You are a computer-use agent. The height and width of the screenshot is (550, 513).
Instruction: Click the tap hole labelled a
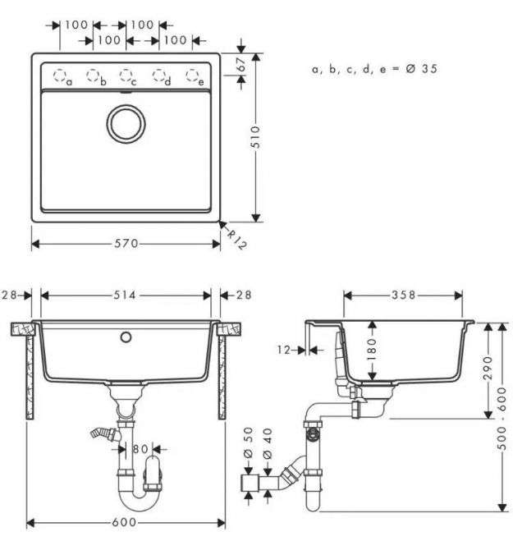60,75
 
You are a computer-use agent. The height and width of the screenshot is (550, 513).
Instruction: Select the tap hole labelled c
126,75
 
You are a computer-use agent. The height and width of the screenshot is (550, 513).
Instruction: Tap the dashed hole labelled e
192,75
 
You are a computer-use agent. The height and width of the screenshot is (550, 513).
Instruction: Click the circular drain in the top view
126,124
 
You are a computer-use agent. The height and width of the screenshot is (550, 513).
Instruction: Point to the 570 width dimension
126,244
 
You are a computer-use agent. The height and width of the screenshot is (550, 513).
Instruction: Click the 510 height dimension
256,137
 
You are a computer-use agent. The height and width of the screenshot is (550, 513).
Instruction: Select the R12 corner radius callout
236,239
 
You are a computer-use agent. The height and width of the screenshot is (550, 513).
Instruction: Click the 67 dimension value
241,65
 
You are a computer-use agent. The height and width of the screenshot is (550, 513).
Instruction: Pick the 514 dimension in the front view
125,296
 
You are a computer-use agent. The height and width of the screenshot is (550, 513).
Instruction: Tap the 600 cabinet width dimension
124,523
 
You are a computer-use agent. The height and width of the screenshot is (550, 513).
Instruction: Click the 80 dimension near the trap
140,449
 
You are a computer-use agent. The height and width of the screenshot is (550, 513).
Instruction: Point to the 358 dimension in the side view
403,295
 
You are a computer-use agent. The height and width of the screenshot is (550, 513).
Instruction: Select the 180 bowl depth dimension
372,350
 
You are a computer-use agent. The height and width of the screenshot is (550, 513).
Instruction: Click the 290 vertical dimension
488,368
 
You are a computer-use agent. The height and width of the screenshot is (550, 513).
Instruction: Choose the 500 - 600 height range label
502,419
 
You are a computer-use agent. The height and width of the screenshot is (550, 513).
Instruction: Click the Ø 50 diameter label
248,442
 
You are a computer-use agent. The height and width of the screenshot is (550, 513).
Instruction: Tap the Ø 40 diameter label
268,443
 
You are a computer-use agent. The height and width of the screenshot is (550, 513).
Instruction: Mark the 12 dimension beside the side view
284,350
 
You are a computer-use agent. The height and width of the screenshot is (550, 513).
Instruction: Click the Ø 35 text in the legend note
421,69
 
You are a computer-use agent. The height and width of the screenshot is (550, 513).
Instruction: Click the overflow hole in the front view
126,337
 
